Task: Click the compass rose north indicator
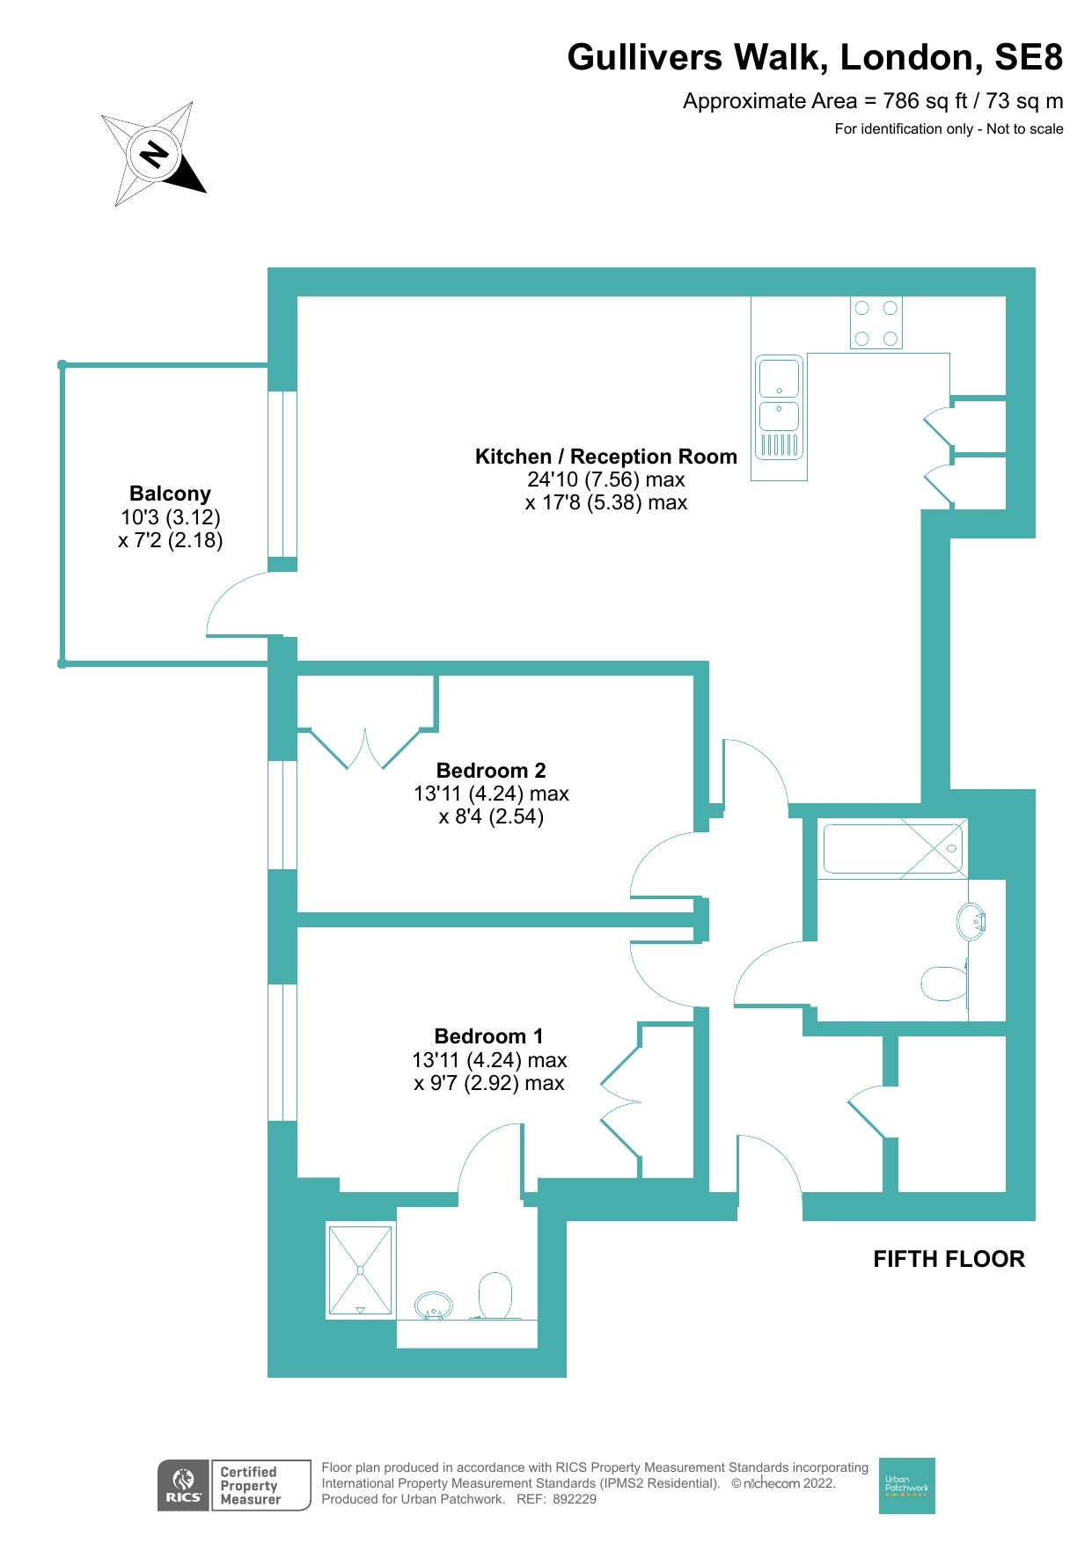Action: point(154,155)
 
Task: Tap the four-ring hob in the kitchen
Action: point(876,322)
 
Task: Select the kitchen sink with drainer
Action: point(780,407)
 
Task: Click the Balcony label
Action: point(170,494)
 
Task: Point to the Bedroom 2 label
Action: point(491,771)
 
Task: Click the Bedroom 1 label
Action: point(489,1036)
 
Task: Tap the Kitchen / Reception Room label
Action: point(606,457)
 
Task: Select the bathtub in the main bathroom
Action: point(893,848)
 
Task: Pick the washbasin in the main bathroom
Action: point(971,922)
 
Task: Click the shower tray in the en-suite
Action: point(360,1270)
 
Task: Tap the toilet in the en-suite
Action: point(495,1296)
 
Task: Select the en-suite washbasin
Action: point(433,1306)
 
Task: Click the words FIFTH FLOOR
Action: point(949,1259)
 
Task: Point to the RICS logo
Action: point(184,1485)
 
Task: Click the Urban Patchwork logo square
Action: point(906,1485)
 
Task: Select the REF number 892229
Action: point(575,1499)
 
